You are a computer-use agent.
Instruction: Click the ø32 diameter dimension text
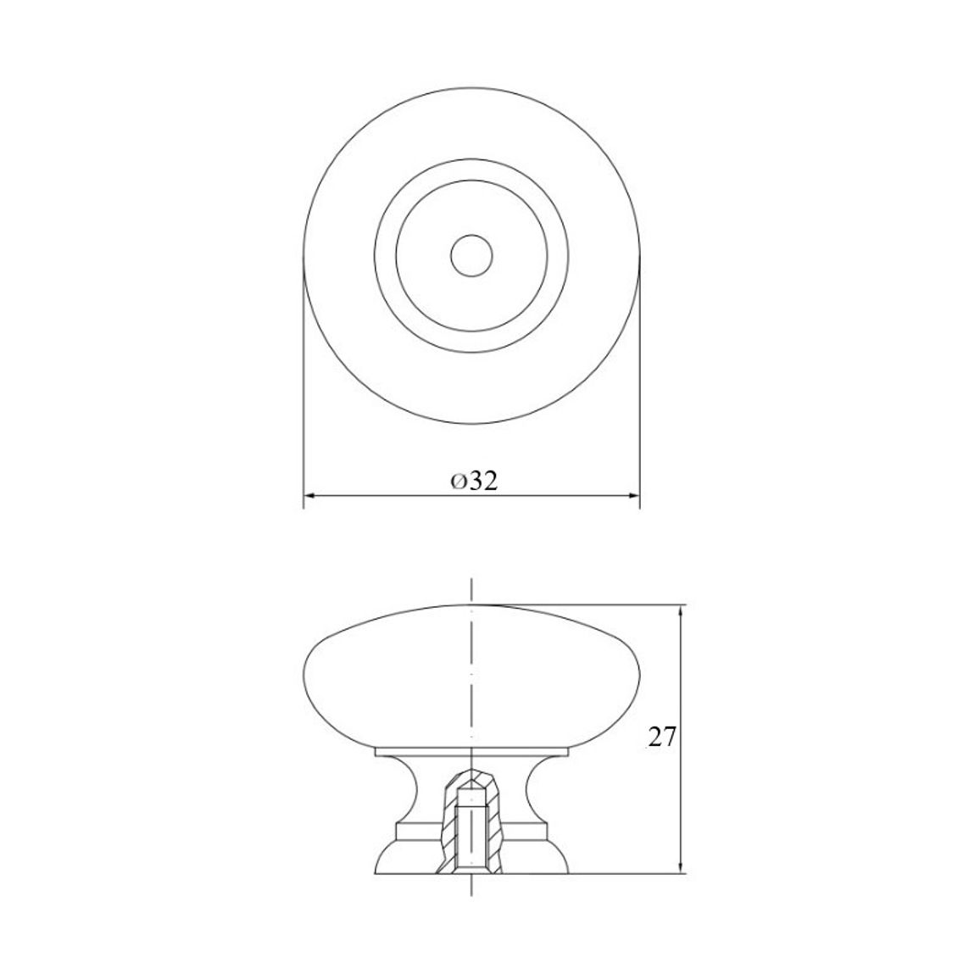pyautogui.click(x=475, y=481)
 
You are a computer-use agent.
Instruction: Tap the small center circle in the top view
pyautogui.click(x=471, y=256)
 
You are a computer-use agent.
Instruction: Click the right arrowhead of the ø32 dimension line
pyautogui.click(x=634, y=496)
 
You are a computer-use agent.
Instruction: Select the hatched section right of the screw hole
pyautogui.click(x=493, y=825)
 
